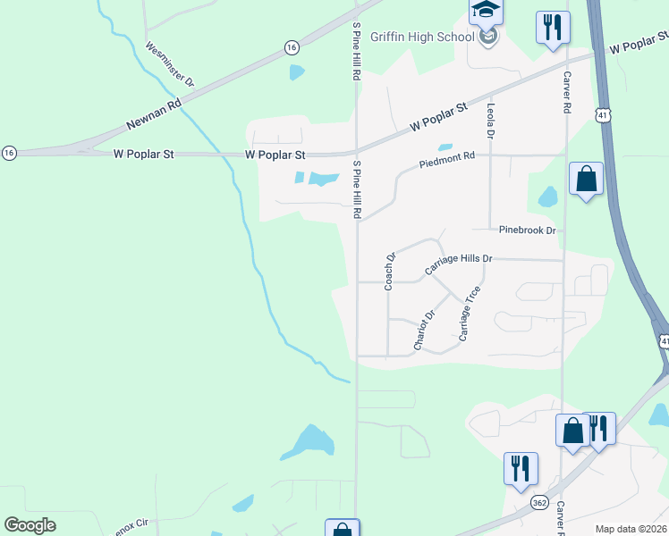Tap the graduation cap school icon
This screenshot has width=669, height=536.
point(487,12)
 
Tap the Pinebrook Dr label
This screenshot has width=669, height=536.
point(528,230)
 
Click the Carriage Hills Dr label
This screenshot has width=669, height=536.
point(459,259)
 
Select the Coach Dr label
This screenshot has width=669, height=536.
point(390,272)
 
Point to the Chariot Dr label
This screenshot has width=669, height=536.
point(424,330)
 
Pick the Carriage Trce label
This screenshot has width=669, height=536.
point(470,313)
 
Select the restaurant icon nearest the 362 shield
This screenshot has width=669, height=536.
point(520,467)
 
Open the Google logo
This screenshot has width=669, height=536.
point(30,525)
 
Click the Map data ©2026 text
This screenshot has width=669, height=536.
point(631,529)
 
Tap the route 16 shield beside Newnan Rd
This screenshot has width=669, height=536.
point(292,46)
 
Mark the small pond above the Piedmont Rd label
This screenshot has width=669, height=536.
point(444,147)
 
